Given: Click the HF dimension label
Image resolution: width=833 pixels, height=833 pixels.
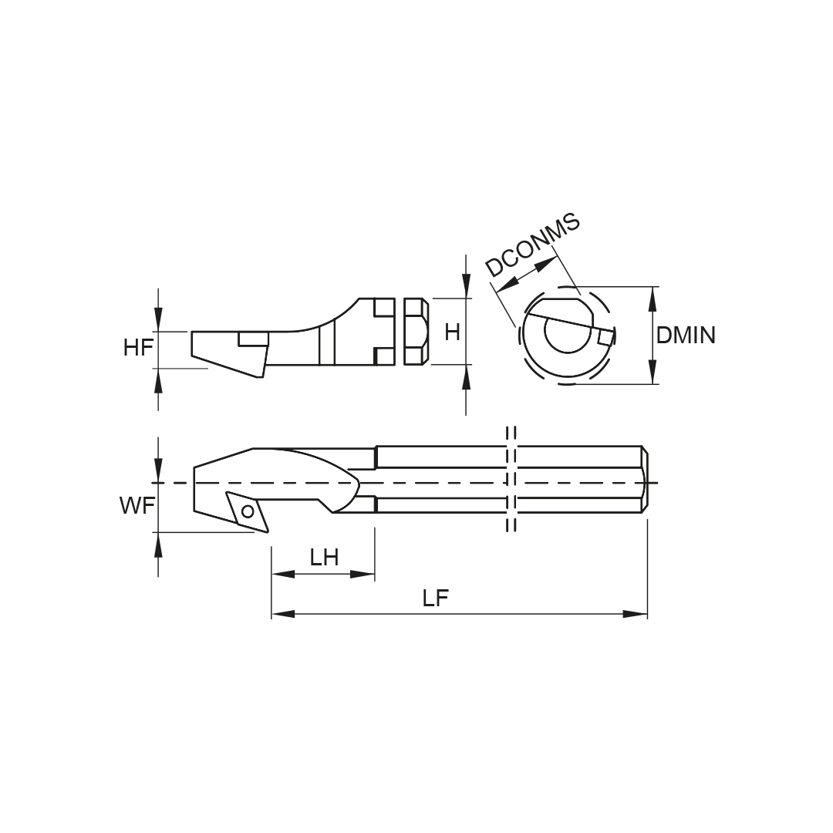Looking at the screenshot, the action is tap(139, 348).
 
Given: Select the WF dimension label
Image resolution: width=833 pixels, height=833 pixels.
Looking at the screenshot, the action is tap(137, 506).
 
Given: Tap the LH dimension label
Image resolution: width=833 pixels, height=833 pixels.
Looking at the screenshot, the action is tap(325, 558).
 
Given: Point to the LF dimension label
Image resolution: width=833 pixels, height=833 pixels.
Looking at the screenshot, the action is tap(436, 599).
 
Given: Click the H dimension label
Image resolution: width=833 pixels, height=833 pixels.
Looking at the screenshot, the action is tap(452, 332).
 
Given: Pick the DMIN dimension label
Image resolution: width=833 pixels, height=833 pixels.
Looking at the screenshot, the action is tap(686, 336).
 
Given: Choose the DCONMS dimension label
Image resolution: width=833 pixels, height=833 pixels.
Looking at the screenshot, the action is tap(533, 245).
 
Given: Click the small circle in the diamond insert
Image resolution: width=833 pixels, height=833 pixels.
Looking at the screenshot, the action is tap(248, 511).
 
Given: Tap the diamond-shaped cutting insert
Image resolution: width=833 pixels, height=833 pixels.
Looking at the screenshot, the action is tap(248, 511).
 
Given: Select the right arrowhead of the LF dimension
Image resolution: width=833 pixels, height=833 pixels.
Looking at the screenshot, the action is tap(636, 614).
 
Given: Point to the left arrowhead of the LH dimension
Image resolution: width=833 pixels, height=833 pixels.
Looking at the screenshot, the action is tap(283, 574).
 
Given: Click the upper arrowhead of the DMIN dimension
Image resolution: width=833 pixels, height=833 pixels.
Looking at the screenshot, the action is tap(653, 298).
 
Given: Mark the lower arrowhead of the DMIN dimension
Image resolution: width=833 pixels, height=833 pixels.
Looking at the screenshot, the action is tap(653, 372).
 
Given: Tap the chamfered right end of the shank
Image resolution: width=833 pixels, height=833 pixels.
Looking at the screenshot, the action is tap(644, 479).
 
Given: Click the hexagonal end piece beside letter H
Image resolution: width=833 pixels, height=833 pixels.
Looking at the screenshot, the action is tap(416, 332).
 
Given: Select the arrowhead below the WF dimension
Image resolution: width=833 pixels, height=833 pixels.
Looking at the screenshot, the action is tap(158, 545).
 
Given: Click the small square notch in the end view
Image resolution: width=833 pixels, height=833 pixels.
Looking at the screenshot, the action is tap(605, 337).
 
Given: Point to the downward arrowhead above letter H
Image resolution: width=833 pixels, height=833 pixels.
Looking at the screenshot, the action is tap(466, 286).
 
